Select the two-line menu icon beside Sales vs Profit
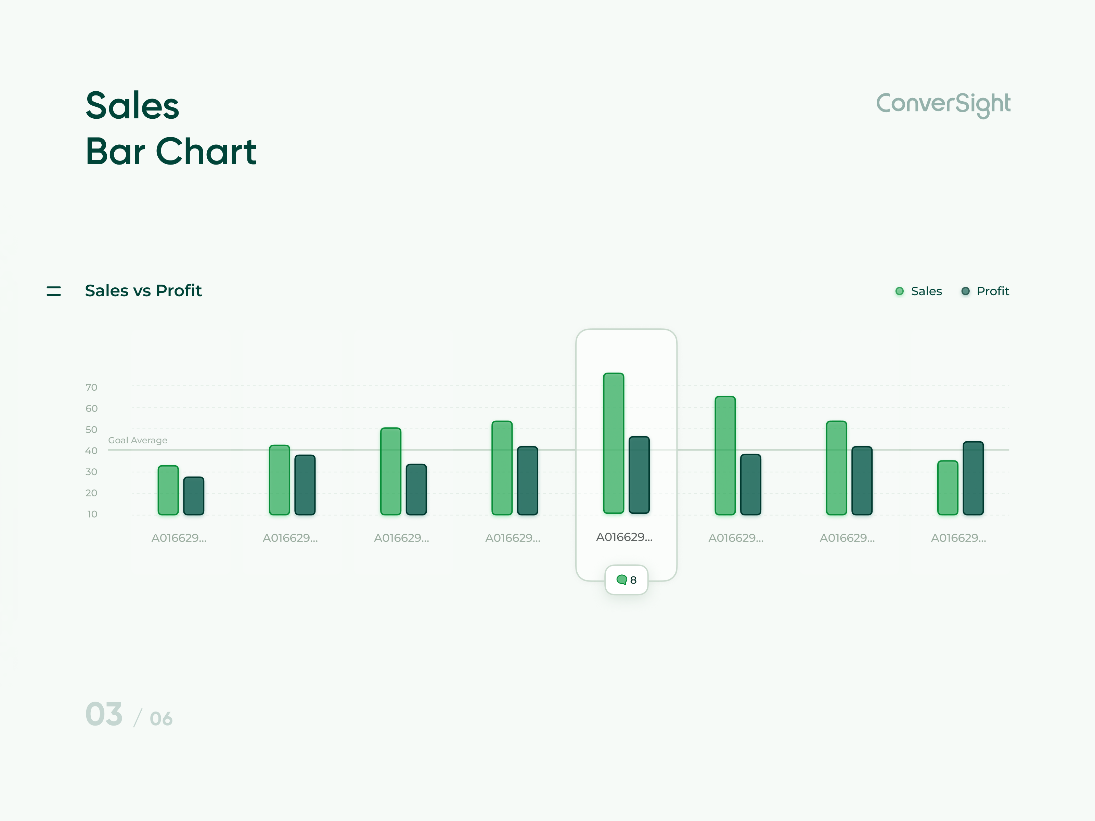[53, 291]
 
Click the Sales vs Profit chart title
[143, 290]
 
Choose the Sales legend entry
[919, 291]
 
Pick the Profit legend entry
[985, 291]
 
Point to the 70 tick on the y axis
[92, 387]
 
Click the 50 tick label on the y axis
[92, 430]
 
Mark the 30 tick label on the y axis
[92, 472]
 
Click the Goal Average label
[138, 440]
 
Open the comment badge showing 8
[627, 580]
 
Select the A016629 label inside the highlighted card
[624, 537]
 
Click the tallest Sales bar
[614, 443]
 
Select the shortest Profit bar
[194, 496]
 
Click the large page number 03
[104, 714]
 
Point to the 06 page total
[162, 719]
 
